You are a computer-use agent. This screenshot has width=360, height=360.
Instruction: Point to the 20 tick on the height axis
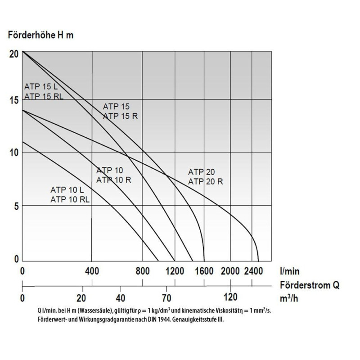(13, 53)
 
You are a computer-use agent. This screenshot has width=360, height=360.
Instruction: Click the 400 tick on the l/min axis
(92, 271)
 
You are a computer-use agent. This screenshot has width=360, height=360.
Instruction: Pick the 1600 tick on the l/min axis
(204, 271)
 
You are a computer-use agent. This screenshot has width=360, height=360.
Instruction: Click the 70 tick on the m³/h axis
(166, 297)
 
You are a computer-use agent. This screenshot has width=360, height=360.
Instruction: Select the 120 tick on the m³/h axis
(230, 297)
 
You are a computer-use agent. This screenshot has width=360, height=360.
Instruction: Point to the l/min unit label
(290, 271)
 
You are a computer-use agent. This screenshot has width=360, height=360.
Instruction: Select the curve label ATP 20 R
(206, 182)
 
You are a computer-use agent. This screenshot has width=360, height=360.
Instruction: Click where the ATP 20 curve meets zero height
(258, 261)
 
